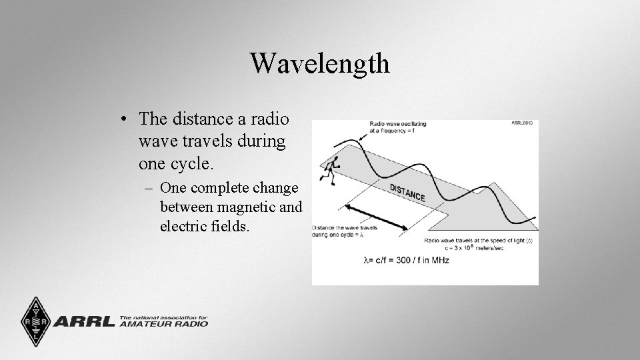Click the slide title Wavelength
(x=320, y=63)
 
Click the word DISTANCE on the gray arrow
(x=407, y=192)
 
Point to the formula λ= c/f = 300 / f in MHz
(x=406, y=260)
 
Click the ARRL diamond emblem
(x=31, y=321)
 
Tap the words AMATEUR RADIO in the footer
(x=164, y=324)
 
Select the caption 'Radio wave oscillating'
(x=398, y=124)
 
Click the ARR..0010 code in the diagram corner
(x=523, y=123)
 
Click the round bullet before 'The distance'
(x=125, y=120)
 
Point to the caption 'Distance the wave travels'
(x=345, y=228)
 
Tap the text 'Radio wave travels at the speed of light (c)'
(x=476, y=239)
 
